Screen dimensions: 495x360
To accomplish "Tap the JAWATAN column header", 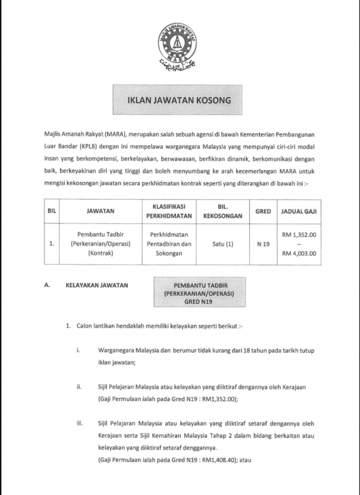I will click(101, 211).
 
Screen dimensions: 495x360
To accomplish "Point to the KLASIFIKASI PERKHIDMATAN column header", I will click(169, 211).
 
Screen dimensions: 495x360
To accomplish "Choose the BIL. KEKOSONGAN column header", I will click(223, 211).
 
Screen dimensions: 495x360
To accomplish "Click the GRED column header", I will click(263, 211).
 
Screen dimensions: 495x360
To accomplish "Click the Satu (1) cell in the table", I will click(223, 244).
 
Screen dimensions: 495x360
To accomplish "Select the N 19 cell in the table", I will click(263, 244).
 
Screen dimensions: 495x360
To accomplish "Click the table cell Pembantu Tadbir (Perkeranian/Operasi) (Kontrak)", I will click(101, 244).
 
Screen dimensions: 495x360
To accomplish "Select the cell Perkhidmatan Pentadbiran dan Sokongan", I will click(169, 244).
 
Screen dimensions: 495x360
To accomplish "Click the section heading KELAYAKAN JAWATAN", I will click(97, 285).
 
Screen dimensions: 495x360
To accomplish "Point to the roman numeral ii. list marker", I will click(78, 387).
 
